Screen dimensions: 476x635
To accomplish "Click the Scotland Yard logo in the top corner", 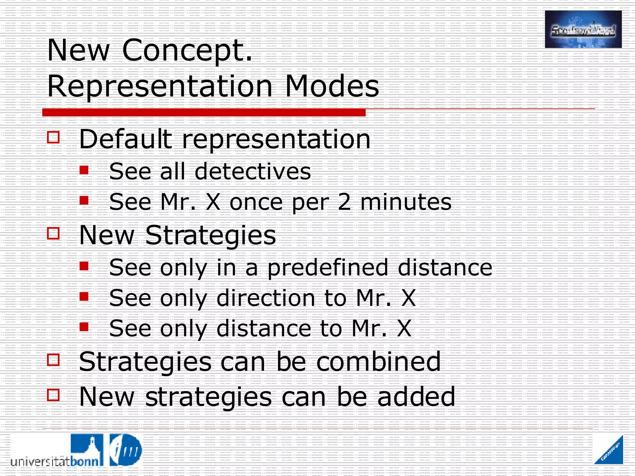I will pyautogui.click(x=583, y=29).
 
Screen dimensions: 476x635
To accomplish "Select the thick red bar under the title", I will pyautogui.click(x=204, y=112).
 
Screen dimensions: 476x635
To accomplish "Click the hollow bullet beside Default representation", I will pyautogui.click(x=53, y=137).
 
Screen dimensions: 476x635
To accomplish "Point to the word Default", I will pyautogui.click(x=126, y=139).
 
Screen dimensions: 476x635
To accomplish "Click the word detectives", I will pyautogui.click(x=253, y=171).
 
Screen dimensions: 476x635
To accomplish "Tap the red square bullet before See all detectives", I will pyautogui.click(x=84, y=170).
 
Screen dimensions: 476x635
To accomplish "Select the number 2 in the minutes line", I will pyautogui.click(x=344, y=202).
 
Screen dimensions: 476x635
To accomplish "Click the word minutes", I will pyautogui.click(x=406, y=202).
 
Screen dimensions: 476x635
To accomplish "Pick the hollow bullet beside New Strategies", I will pyautogui.click(x=53, y=233).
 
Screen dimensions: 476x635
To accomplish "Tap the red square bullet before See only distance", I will pyautogui.click(x=84, y=327).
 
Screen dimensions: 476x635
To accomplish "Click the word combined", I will pyautogui.click(x=378, y=362).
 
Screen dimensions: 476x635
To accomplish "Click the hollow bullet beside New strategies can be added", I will pyautogui.click(x=53, y=395).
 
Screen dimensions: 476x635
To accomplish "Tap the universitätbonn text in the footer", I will pyautogui.click(x=55, y=461).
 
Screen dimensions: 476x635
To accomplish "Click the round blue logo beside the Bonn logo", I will pyautogui.click(x=126, y=450).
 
